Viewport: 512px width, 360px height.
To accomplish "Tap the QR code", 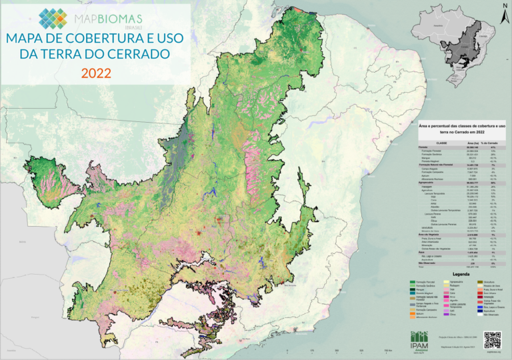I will coord(492,338).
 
